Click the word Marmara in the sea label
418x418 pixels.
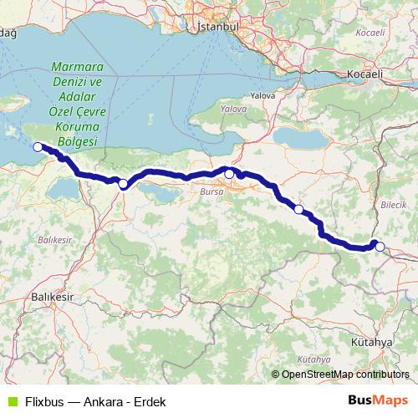pos(75,66)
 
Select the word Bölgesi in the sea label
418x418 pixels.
pos(76,142)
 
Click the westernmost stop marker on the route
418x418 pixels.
pos(38,147)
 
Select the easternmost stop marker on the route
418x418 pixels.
pos(380,247)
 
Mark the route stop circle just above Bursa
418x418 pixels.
pos(229,174)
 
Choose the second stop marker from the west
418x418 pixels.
pos(123,184)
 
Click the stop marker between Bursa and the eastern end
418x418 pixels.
pos(298,209)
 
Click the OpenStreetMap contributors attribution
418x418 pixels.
pos(345,375)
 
